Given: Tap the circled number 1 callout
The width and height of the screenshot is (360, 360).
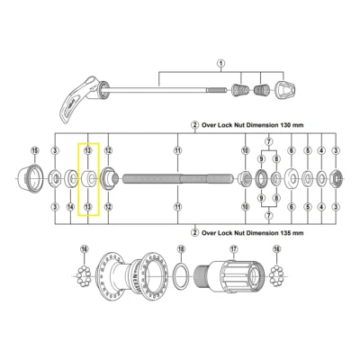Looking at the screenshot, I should (x=220, y=63).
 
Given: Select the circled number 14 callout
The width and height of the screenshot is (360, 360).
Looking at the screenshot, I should (x=71, y=208).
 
